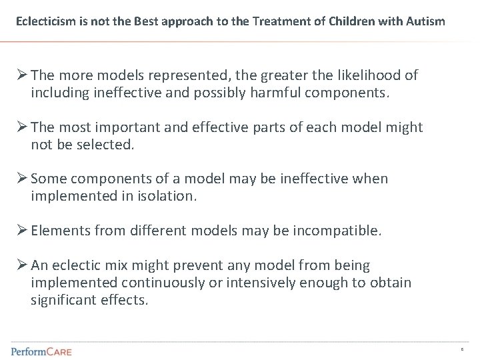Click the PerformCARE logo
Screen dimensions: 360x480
tap(41, 351)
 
